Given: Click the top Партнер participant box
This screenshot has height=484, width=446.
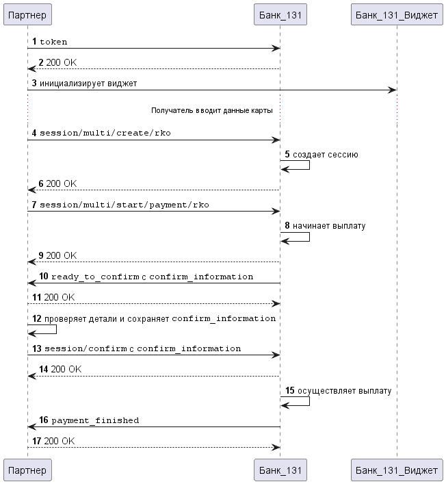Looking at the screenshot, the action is coord(27,14).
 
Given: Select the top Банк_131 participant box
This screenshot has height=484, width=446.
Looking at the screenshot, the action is coord(280,14).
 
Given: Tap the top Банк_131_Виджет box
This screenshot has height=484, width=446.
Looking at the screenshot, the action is coord(397,14).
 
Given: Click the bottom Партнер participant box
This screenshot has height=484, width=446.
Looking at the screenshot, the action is coord(27,470).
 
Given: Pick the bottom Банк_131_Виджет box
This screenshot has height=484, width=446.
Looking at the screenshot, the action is coord(397,470).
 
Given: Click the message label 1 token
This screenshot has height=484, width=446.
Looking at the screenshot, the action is coord(50,41).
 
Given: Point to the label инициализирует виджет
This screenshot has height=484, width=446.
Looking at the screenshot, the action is coord(88,84).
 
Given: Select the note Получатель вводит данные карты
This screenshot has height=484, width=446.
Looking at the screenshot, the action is coord(212,110).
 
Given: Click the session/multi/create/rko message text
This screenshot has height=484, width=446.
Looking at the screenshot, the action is coord(105,133).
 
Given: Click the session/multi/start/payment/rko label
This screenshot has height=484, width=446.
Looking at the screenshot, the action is coord(124,205).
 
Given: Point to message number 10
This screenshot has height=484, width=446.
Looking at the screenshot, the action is coord(44,276).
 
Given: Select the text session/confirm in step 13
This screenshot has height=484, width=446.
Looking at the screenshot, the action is coord(86,348).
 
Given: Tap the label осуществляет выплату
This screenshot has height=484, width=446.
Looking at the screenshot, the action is coord(344,391).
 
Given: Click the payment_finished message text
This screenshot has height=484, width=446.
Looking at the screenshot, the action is coord(95,420).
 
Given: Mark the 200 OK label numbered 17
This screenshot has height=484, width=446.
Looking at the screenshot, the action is coord(60,441).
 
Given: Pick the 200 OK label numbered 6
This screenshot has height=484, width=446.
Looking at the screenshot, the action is coord(62,183).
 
